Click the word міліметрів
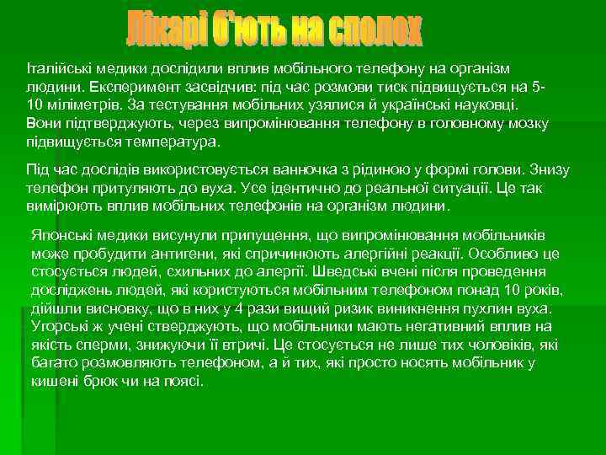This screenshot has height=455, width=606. click(83, 105)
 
